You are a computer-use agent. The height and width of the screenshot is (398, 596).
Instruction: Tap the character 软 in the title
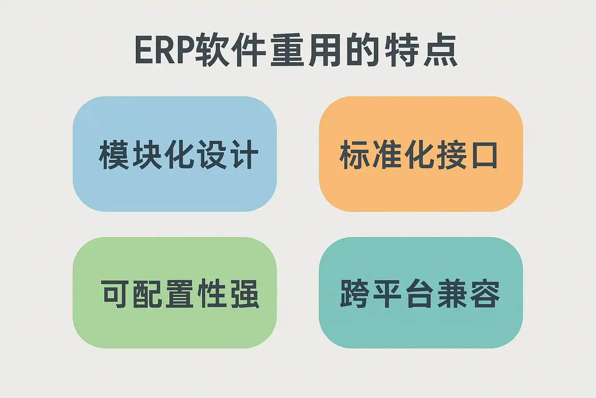point(212,50)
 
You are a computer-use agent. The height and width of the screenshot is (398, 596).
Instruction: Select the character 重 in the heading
point(288,50)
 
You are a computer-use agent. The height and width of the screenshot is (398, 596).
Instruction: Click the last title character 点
point(440,50)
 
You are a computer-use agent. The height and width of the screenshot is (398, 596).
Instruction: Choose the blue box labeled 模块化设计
point(175,154)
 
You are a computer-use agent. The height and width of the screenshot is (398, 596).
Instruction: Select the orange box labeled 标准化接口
point(421,154)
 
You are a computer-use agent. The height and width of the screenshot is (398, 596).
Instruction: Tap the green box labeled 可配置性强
point(175,292)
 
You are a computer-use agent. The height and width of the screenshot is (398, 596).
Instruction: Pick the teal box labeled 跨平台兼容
point(421,292)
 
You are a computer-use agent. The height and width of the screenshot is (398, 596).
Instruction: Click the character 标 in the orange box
point(354,154)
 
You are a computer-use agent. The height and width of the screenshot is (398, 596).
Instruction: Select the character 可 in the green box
point(116,293)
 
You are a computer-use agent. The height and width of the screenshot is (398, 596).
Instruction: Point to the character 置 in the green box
point(180,293)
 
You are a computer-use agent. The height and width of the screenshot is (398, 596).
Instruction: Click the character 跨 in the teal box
point(355,293)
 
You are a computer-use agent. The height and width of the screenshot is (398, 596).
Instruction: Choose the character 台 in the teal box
point(420,293)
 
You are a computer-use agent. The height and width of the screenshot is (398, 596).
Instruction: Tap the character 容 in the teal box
point(485,293)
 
